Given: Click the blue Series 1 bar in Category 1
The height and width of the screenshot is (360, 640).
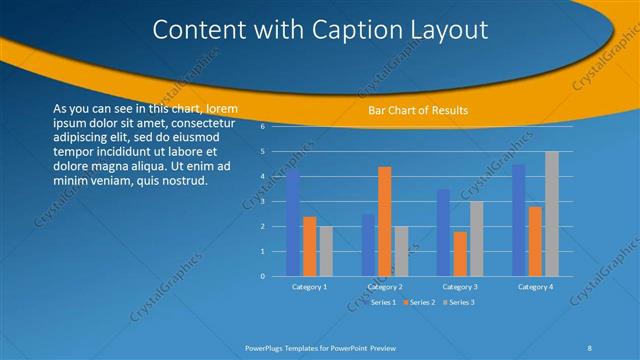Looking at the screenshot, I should (x=293, y=223).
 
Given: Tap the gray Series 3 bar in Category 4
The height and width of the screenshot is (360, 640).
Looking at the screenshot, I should (x=552, y=214).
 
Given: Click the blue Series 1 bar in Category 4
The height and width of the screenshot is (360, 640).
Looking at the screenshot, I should (x=518, y=220).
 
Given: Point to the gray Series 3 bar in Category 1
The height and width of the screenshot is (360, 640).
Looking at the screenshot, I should (x=326, y=251).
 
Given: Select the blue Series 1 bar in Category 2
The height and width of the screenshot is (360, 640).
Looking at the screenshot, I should (x=368, y=245).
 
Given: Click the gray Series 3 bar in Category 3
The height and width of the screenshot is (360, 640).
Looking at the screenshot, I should (x=477, y=239).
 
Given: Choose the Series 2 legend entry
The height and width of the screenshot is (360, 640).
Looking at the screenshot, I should (x=420, y=301).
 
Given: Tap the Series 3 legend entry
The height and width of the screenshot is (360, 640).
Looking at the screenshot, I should (x=458, y=301).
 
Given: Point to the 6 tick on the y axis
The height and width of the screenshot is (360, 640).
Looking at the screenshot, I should (x=262, y=127).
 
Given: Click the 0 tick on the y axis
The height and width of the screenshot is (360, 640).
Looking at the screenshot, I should (x=262, y=276).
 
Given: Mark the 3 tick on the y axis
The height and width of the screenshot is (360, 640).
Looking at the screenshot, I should (x=262, y=202).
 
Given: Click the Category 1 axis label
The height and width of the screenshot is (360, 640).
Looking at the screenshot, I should (x=309, y=287).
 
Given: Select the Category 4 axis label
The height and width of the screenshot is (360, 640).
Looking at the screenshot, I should (x=535, y=287).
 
